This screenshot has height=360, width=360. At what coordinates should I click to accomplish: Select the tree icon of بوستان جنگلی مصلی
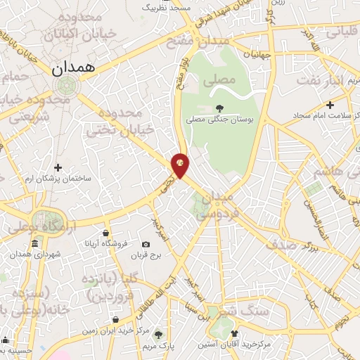(x=220, y=108)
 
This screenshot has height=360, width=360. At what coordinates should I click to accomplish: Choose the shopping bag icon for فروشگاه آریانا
(x=105, y=233)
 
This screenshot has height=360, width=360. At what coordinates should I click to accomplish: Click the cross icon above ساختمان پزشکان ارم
(x=58, y=167)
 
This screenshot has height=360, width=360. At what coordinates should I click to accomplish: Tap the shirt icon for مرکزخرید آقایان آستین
(x=235, y=334)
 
